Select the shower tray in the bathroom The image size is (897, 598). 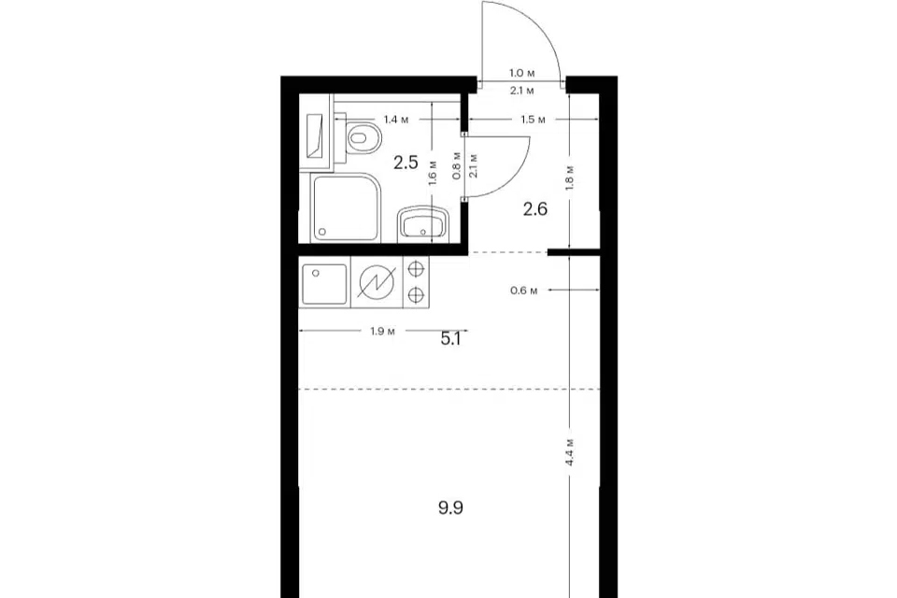[345, 207]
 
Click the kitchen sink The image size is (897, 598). [324, 284]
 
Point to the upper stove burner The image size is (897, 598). [417, 267]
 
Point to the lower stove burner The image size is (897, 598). [417, 294]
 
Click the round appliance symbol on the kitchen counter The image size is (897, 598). [376, 283]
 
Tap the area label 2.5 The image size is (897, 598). [406, 164]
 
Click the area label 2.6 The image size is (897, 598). [535, 209]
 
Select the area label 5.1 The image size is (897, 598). [450, 339]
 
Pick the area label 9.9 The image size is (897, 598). [450, 507]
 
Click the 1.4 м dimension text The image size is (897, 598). [396, 120]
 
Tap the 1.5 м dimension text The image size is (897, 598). [534, 120]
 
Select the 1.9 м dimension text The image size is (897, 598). [383, 332]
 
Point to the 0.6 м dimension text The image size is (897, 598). [524, 291]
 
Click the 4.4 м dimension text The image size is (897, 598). [570, 452]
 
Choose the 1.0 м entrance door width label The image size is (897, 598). [522, 73]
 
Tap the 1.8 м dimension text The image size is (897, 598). [570, 178]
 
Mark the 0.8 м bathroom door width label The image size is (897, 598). [457, 166]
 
